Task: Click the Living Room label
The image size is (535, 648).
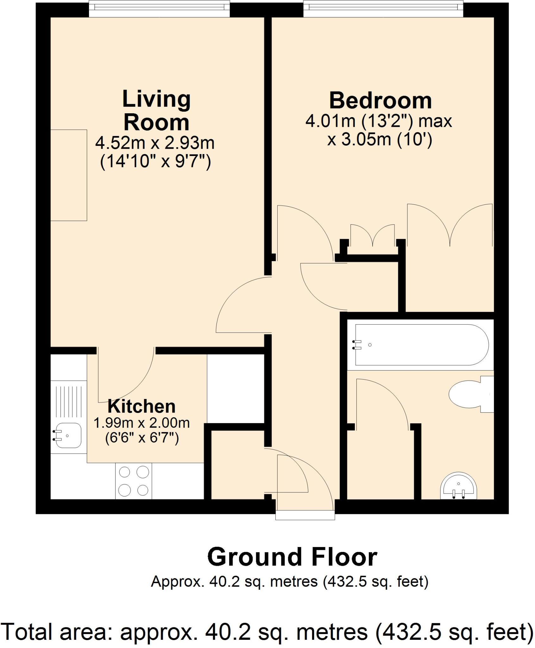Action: [x=156, y=110]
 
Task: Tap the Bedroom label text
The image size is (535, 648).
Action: [x=380, y=101]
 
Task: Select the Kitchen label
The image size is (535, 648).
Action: [x=142, y=407]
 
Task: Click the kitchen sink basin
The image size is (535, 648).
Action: [x=68, y=435]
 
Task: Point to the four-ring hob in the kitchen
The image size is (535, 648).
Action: [x=134, y=481]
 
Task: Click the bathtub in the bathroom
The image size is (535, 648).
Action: [x=421, y=345]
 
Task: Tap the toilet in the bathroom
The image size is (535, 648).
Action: [x=469, y=394]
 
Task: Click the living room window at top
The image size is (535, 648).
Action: [x=159, y=9]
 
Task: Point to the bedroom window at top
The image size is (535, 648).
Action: [x=383, y=9]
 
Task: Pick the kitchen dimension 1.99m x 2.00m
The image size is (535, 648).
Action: [x=142, y=423]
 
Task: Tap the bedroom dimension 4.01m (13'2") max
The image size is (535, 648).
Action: [x=379, y=121]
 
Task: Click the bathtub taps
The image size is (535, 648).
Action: [x=357, y=345]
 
